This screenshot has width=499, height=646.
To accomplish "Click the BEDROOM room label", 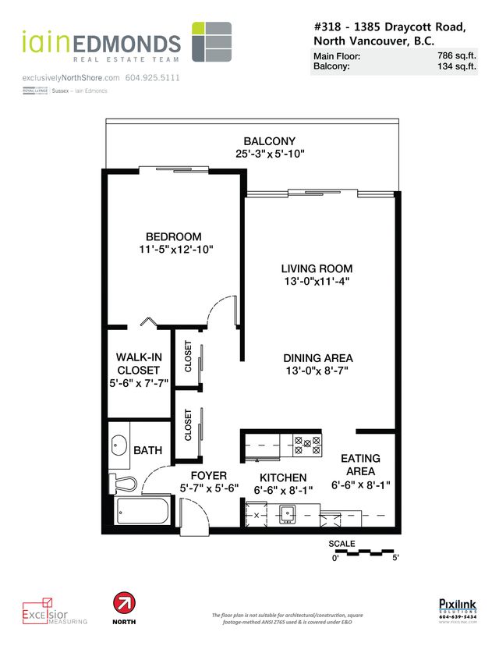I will (173, 237).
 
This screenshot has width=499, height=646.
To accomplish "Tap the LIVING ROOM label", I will (317, 268).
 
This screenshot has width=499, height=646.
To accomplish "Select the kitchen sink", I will (287, 513).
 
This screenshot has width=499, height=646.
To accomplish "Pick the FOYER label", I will (208, 475).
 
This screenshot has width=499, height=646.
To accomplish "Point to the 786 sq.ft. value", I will (457, 56).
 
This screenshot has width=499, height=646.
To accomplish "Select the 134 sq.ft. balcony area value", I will (457, 67).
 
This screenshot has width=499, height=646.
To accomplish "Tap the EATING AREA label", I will (359, 465).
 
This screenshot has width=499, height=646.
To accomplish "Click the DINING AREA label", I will (313, 358).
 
